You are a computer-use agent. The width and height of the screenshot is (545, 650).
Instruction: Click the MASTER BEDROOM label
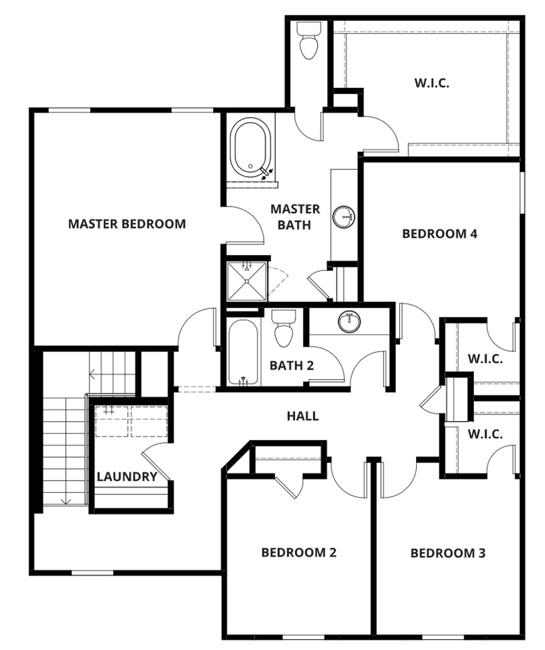[x=127, y=223]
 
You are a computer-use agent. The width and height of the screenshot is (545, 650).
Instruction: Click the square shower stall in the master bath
[x=247, y=280]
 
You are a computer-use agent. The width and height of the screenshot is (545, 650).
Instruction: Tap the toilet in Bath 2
[x=282, y=328]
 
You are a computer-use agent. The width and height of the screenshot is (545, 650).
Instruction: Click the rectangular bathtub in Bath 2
[x=242, y=352]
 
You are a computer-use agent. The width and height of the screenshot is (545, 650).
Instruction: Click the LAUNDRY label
[x=127, y=477]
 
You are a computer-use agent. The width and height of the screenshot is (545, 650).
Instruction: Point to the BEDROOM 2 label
[x=299, y=552]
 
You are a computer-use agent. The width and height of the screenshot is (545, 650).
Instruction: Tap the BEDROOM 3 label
[x=448, y=553]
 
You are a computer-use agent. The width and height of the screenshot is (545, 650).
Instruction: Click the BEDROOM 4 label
[x=440, y=234]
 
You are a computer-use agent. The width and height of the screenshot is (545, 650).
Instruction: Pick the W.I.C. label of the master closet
[x=432, y=83]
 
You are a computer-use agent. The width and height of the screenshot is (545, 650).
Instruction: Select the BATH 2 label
[x=291, y=366]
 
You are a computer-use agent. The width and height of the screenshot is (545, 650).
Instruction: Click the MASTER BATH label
[x=295, y=216]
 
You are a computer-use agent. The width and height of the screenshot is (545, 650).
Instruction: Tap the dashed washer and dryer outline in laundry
[x=131, y=420]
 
